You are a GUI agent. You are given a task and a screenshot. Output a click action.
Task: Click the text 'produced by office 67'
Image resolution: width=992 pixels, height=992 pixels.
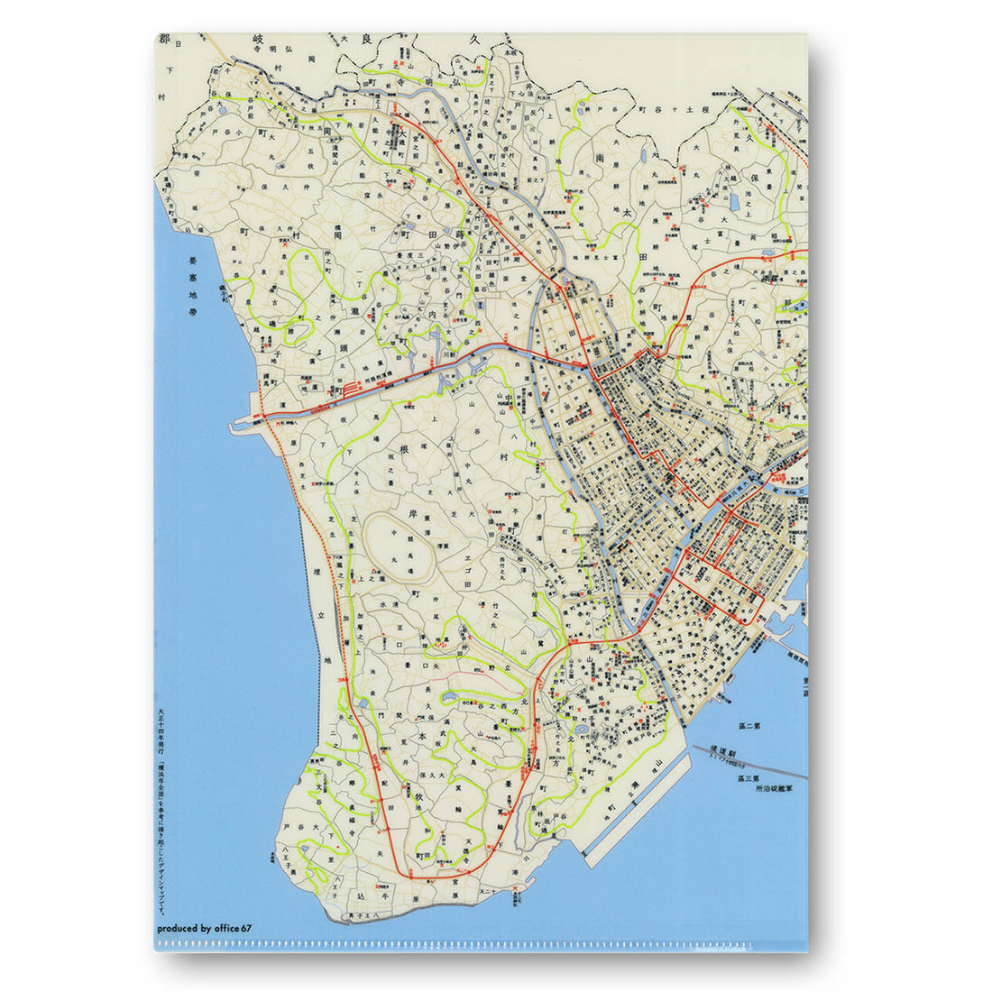204,927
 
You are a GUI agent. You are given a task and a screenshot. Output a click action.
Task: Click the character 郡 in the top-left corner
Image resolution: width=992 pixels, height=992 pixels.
163,41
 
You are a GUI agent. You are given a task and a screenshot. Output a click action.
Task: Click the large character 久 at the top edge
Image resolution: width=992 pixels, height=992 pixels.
479,41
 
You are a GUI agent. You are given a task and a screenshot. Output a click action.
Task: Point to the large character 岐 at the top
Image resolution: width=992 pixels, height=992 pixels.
257,41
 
